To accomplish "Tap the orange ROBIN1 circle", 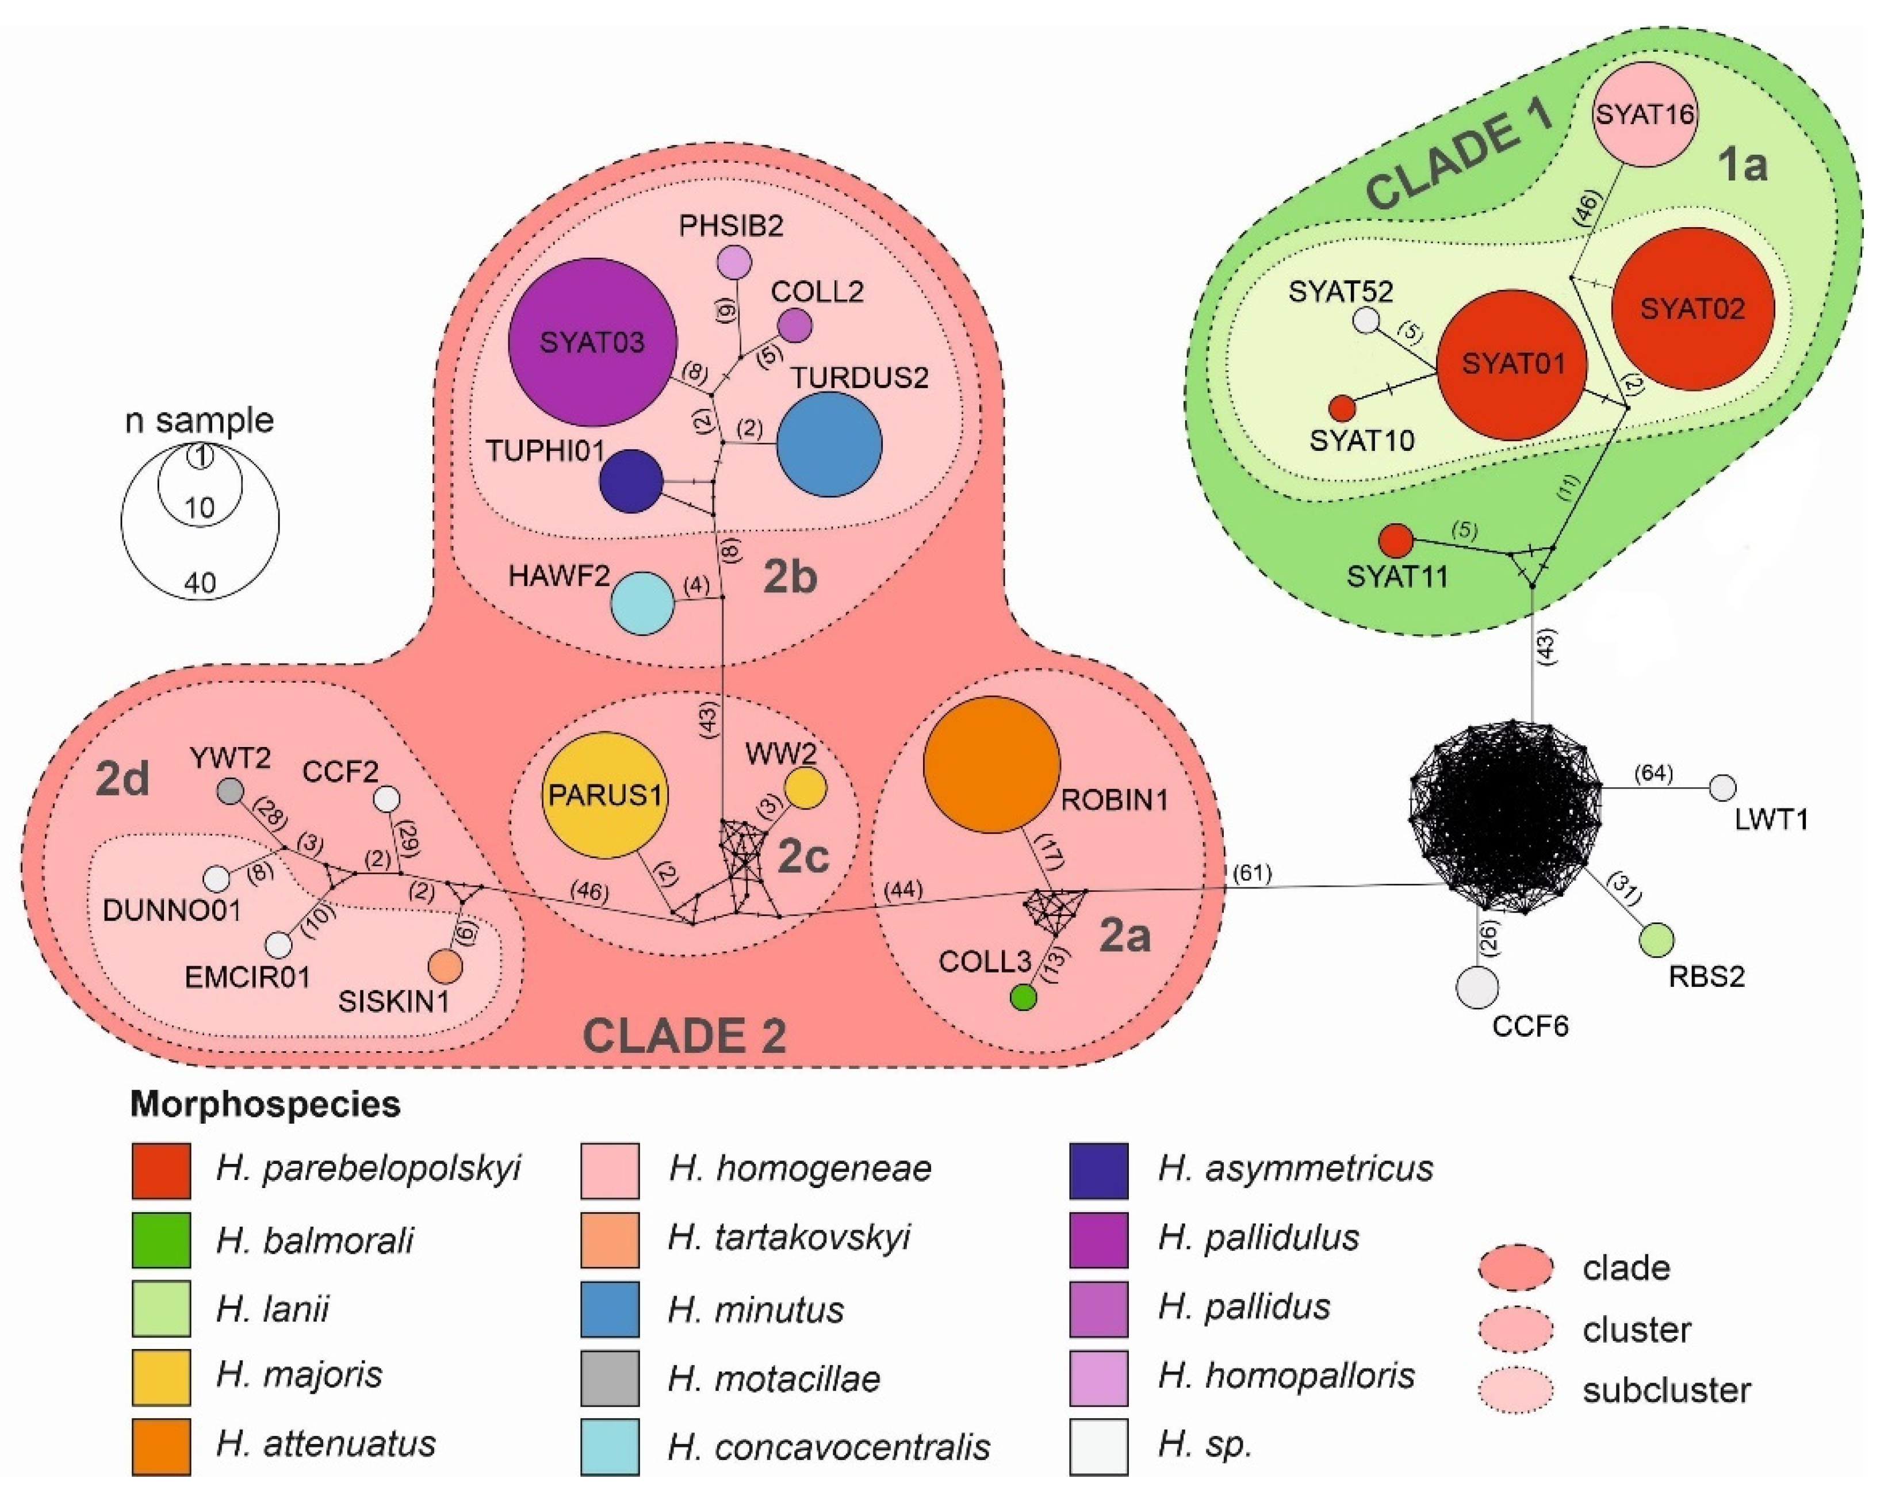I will click(992, 764).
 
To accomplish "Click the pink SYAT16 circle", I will click(1645, 114).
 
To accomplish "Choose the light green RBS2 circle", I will click(1655, 940).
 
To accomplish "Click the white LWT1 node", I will click(1721, 788).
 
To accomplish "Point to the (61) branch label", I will click(1251, 872).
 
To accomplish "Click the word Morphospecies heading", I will click(265, 1104).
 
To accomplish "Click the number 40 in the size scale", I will click(200, 583).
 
